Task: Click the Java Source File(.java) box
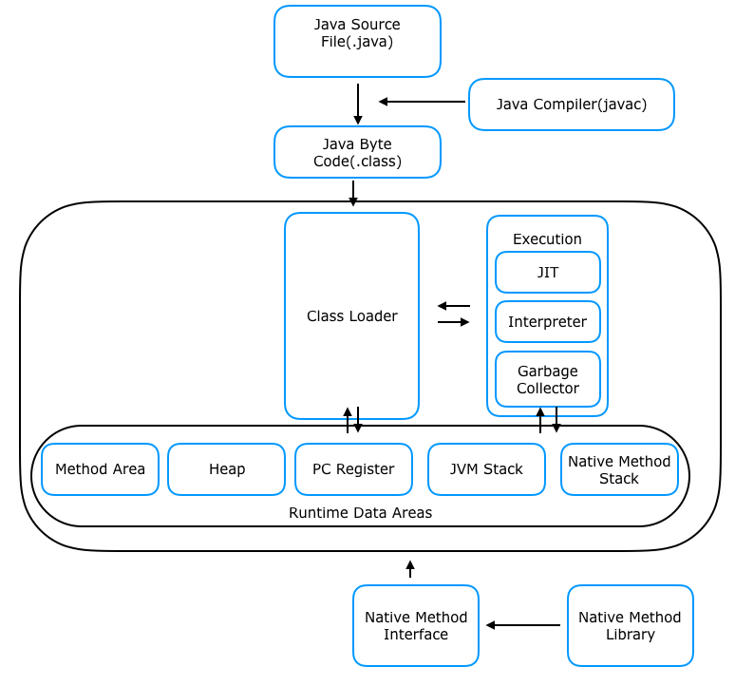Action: click(x=357, y=41)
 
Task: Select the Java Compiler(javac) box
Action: click(x=571, y=105)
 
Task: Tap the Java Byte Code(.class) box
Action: click(x=357, y=152)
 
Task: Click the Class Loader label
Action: click(x=351, y=315)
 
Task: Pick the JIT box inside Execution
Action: click(x=547, y=273)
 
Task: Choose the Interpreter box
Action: click(x=547, y=322)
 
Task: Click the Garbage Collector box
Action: click(x=547, y=379)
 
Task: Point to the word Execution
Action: click(x=547, y=239)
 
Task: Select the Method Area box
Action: click(x=100, y=469)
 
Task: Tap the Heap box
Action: click(x=226, y=469)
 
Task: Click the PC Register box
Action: click(x=353, y=469)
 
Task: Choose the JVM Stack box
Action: click(x=486, y=469)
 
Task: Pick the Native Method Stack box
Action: click(x=619, y=469)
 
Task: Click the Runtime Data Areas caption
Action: click(x=360, y=513)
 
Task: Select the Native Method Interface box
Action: click(x=415, y=625)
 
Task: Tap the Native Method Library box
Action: click(x=630, y=625)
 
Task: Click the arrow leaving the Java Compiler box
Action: click(x=422, y=102)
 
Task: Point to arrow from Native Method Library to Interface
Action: click(x=523, y=625)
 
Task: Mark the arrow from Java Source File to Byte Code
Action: click(x=358, y=104)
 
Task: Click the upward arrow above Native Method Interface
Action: click(x=410, y=569)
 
